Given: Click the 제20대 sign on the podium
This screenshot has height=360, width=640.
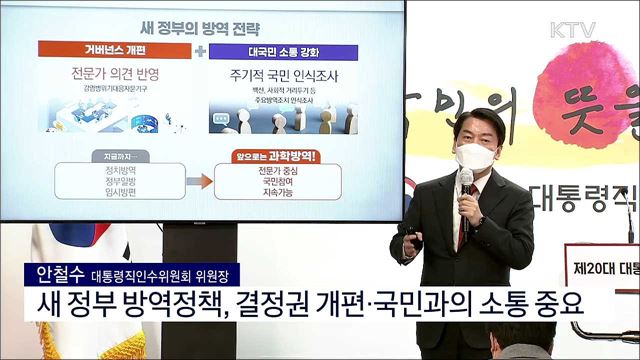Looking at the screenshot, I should [x=604, y=239].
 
